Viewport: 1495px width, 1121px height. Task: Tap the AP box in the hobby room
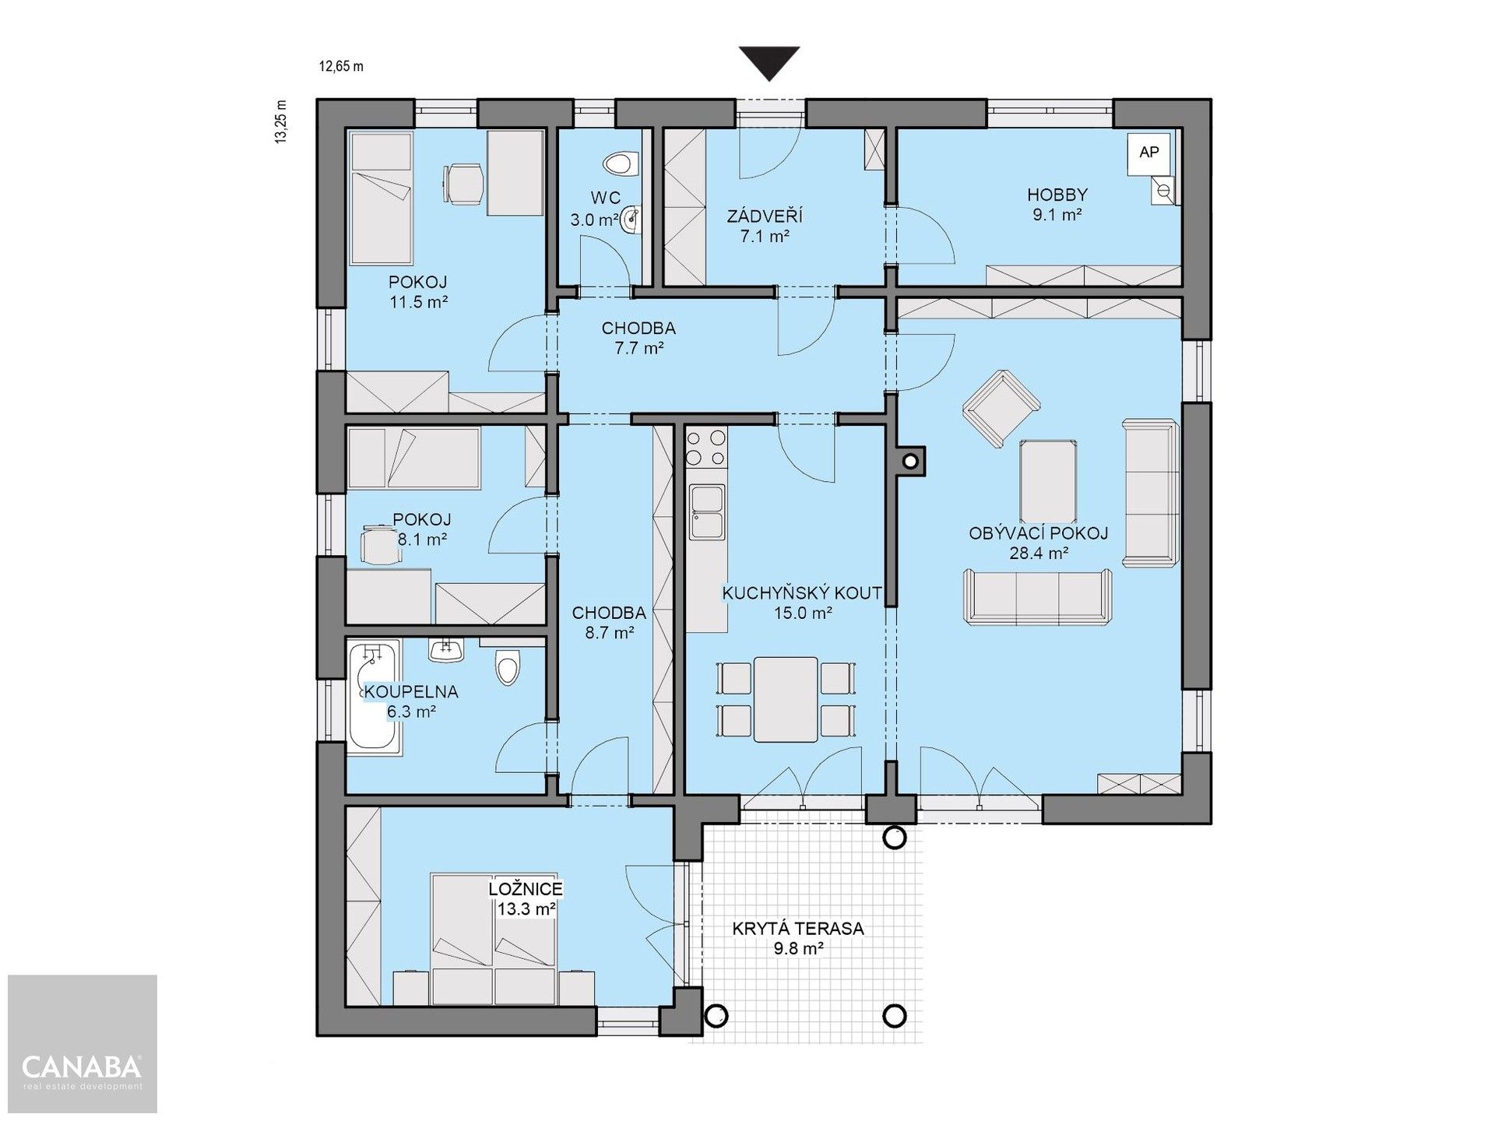1149,153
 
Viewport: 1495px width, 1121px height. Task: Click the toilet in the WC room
621,163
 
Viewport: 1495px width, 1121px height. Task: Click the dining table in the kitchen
786,699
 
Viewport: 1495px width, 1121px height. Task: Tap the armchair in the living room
1001,408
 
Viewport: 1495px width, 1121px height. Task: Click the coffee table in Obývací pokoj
1049,480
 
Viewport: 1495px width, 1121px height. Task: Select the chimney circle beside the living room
909,461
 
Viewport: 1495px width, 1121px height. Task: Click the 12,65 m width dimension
341,66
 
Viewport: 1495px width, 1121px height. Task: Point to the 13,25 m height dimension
281,121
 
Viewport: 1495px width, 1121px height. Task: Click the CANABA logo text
82,1066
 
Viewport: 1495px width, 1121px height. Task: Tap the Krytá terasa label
797,929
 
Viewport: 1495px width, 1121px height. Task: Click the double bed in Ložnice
494,940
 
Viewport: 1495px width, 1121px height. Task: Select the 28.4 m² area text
1038,553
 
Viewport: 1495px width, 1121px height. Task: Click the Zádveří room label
765,216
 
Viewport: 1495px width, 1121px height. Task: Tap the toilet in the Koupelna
508,666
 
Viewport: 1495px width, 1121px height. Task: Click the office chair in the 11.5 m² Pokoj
464,184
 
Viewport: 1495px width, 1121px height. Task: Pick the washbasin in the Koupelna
447,650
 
